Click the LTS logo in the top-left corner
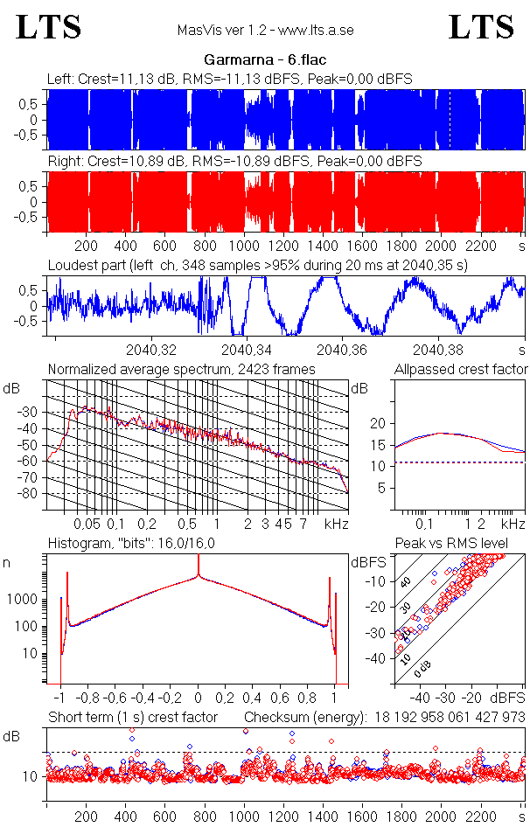pos(49,27)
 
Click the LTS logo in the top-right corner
pos(480,27)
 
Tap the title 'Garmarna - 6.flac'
pos(264,60)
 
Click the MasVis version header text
pos(264,30)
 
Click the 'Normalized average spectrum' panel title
pos(181,370)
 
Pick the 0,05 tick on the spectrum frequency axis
pos(87,524)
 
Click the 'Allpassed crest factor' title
pos(461,370)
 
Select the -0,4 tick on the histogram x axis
pos(144,698)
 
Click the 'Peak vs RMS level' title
pos(451,545)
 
